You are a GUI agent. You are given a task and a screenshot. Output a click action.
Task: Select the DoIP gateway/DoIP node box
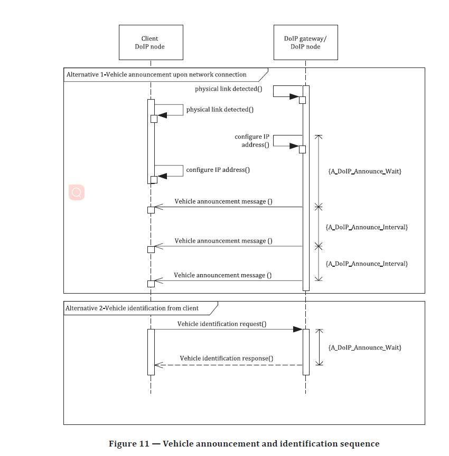click(305, 42)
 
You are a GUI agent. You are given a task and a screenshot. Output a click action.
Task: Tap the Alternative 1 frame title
click(156, 75)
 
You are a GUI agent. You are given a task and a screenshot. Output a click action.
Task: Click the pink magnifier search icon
click(77, 193)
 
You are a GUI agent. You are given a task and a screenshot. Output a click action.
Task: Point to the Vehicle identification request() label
click(222, 324)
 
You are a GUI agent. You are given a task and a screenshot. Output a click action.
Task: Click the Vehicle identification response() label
click(227, 358)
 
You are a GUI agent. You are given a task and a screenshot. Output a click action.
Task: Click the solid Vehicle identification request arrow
click(227, 329)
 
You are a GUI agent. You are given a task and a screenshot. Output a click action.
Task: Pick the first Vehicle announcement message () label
click(223, 201)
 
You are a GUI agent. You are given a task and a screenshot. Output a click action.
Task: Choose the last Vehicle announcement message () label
click(223, 275)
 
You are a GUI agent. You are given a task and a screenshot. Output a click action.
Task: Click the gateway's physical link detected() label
click(228, 89)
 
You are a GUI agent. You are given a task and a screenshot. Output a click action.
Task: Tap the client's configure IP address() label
click(218, 170)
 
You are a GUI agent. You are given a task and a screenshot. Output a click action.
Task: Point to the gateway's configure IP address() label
click(252, 141)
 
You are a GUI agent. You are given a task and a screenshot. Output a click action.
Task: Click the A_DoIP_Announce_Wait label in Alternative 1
click(364, 171)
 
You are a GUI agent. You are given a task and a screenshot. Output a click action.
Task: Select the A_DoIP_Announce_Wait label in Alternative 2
click(364, 347)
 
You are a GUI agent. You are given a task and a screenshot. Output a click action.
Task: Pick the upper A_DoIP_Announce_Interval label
click(367, 227)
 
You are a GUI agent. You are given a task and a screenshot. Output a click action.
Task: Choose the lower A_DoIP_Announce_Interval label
click(367, 264)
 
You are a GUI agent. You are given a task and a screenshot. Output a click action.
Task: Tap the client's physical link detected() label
click(220, 110)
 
